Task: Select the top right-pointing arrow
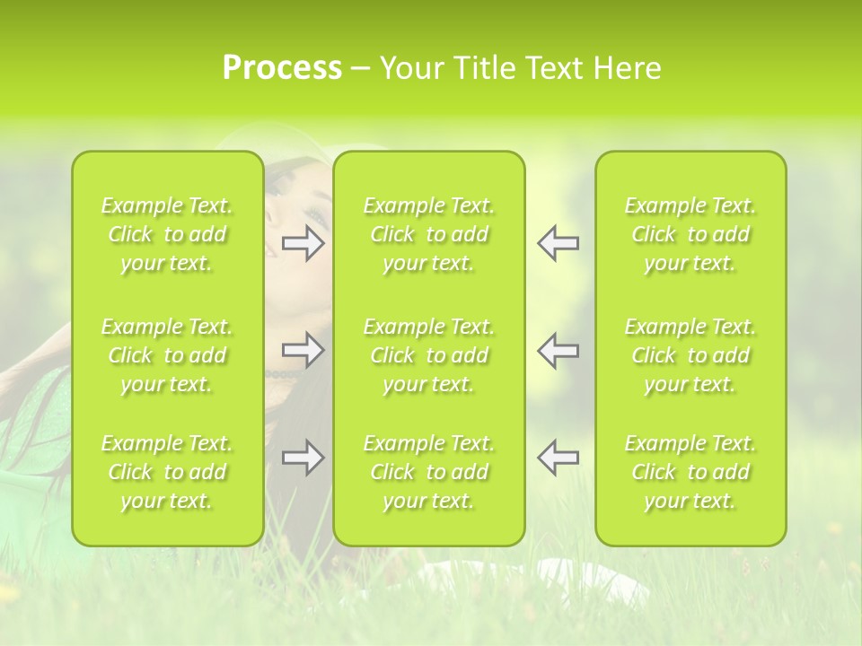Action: (303, 243)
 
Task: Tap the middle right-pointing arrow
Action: (303, 350)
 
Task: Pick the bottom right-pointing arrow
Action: (303, 458)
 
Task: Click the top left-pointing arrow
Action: (559, 243)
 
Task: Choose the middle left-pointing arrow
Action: (559, 350)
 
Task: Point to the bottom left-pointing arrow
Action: (559, 458)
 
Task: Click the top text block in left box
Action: (167, 234)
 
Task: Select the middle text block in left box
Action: (167, 355)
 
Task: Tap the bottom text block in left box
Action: (167, 472)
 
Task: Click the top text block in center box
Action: (428, 234)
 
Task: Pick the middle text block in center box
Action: (428, 355)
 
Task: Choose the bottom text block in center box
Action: (428, 472)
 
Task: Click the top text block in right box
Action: (690, 234)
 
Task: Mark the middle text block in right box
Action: (690, 355)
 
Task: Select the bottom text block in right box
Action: (690, 472)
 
